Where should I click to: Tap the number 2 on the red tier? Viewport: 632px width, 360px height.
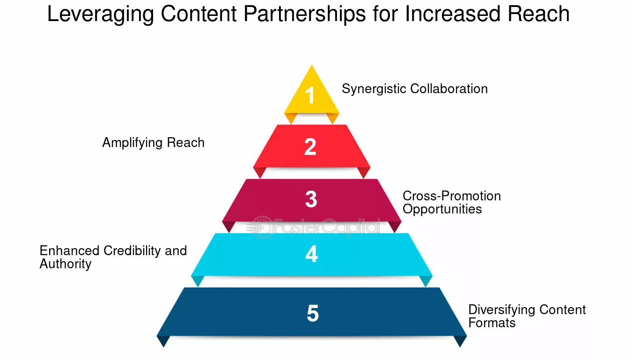coord(310,147)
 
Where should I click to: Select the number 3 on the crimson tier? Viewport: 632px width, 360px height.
coord(311,199)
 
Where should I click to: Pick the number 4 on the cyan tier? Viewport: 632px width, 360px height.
coord(311,254)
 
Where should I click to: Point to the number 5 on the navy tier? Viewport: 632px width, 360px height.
coord(313,313)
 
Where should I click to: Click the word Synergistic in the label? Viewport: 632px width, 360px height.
coord(374,89)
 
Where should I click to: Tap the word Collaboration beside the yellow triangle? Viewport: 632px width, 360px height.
coord(449,89)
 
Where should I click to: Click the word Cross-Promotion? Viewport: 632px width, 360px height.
coord(452,196)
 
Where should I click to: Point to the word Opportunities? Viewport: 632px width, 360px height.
coord(442,210)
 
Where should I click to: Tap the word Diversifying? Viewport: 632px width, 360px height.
coord(502,310)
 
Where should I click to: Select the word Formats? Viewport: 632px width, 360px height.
coord(492,323)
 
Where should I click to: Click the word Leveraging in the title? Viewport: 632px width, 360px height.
coord(101,15)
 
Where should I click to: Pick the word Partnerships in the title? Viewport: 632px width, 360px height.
coord(305,14)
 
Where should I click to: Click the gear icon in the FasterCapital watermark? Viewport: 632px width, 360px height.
coord(262,228)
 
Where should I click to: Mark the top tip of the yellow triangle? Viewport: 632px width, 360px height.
coord(311,65)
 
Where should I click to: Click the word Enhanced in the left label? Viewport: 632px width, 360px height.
coord(69,251)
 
